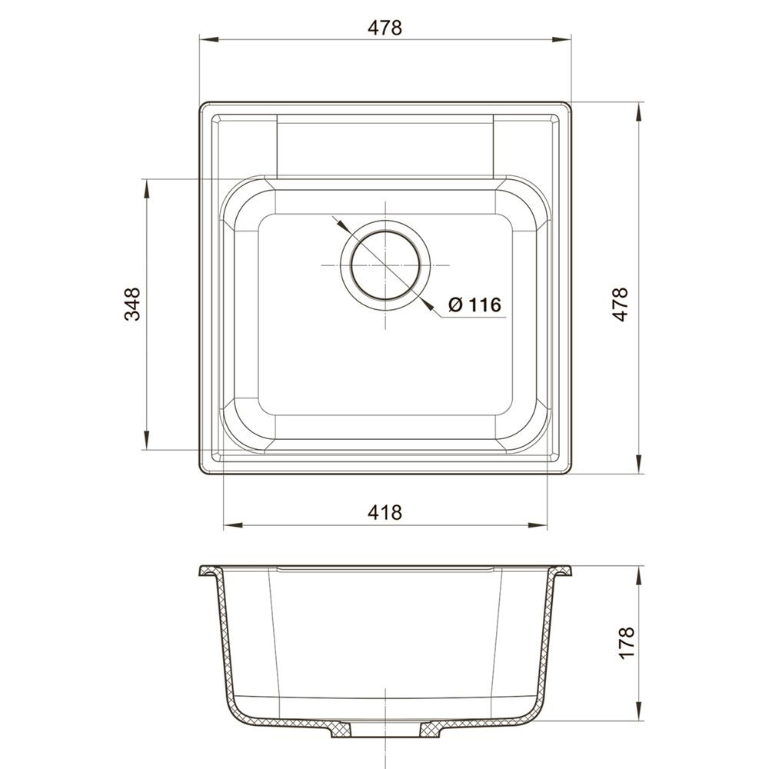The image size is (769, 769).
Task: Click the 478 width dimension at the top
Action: [x=385, y=28]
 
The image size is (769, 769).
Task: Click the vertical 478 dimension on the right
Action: [x=621, y=304]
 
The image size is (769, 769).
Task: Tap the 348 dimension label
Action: [x=132, y=304]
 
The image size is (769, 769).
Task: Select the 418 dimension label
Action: [x=385, y=512]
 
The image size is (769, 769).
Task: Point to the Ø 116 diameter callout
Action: [x=474, y=305]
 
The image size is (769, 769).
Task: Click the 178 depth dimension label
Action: [x=626, y=642]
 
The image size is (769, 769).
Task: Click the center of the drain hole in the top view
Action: [x=385, y=265]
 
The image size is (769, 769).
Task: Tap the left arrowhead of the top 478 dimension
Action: [x=209, y=39]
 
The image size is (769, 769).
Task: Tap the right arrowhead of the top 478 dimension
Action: [x=562, y=39]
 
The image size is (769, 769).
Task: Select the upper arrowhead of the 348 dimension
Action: [x=145, y=189]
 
